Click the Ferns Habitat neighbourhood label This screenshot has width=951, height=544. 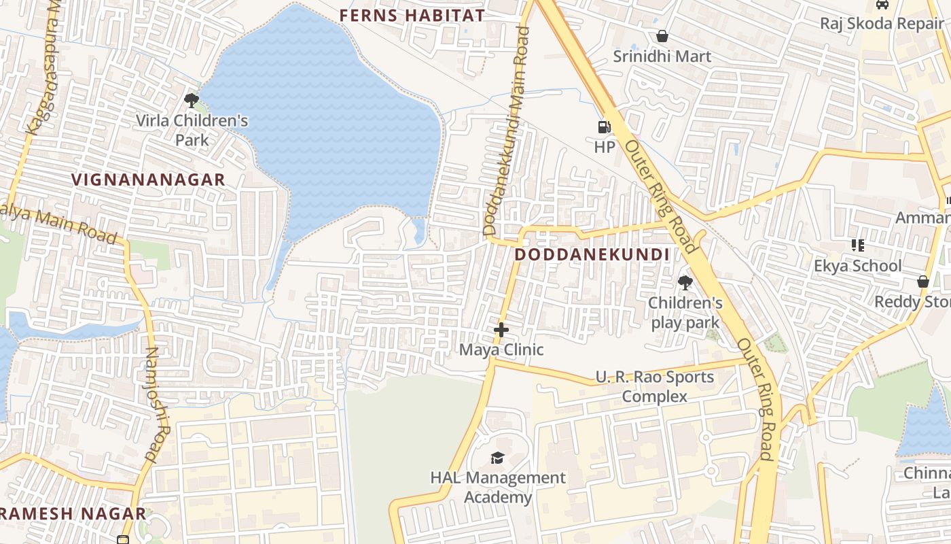412,16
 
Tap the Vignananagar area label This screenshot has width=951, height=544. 148,180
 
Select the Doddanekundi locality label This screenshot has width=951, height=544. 592,255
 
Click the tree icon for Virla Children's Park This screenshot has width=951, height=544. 192,101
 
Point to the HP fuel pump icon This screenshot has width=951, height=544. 604,126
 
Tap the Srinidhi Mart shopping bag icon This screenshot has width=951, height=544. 662,36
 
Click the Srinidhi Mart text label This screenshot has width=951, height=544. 662,56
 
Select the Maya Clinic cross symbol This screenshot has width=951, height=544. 501,330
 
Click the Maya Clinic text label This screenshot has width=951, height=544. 501,350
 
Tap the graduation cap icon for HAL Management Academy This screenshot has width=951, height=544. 497,458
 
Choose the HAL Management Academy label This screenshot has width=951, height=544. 497,488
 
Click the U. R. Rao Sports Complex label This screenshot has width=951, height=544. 655,386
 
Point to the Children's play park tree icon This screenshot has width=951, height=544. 685,282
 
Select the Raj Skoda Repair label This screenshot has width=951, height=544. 882,24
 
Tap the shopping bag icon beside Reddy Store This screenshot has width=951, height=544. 922,281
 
